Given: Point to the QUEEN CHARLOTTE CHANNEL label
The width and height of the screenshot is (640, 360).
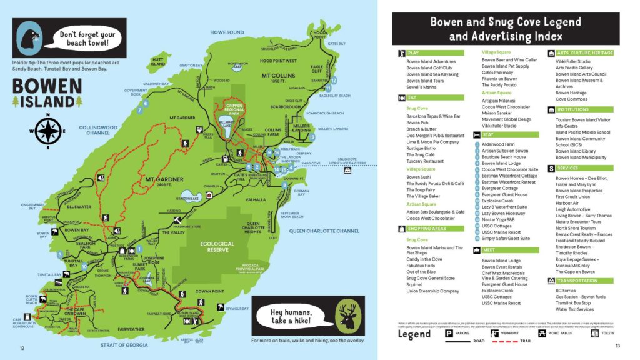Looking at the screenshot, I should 321,231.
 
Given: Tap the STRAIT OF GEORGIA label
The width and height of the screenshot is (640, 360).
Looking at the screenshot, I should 126,344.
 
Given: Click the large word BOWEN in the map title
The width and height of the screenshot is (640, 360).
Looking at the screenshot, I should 47,86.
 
